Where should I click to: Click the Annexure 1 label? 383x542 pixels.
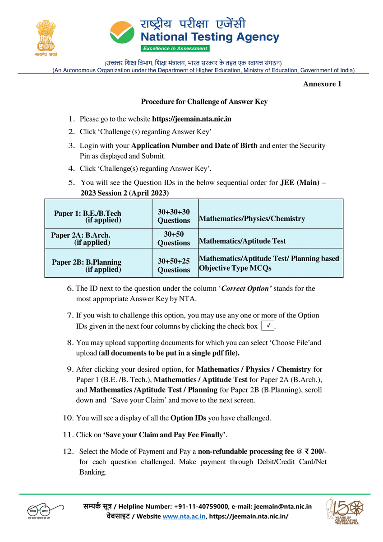(322, 84)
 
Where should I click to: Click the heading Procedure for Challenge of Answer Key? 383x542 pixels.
(204, 102)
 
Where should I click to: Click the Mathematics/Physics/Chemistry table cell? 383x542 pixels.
(252, 219)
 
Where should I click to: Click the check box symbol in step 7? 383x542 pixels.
(268, 326)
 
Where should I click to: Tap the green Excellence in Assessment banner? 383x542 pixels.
(175, 48)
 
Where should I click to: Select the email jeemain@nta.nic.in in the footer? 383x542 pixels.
(283, 506)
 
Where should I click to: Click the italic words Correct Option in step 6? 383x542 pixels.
(246, 289)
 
